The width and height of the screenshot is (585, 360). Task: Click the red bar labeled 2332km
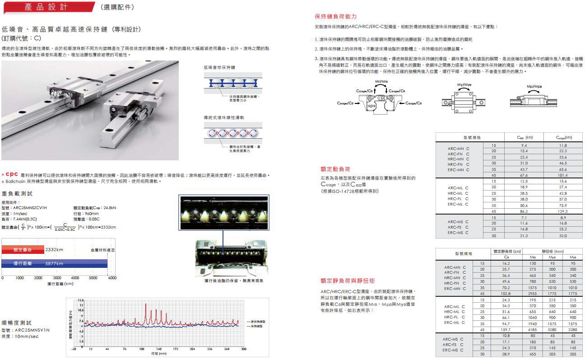tap(23, 249)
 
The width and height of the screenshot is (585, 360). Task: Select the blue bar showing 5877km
tap(54, 263)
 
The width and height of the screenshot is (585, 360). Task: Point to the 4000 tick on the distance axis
tap(75, 278)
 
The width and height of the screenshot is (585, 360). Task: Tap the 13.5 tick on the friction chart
tap(81, 300)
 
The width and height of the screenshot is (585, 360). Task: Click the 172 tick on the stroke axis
tap(176, 349)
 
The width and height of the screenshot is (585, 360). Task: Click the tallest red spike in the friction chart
tap(145, 305)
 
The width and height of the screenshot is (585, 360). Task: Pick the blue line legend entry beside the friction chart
tap(256, 326)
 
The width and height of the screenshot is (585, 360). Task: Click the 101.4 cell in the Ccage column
tap(562, 175)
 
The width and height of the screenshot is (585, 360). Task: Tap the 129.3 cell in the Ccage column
tap(562, 211)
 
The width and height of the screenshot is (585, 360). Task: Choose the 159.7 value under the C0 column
tap(506, 329)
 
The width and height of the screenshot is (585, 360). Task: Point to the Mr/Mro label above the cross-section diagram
tap(381, 81)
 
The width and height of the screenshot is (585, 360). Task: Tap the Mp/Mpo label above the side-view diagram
tap(534, 86)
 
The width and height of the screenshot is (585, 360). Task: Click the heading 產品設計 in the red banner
tap(46, 7)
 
